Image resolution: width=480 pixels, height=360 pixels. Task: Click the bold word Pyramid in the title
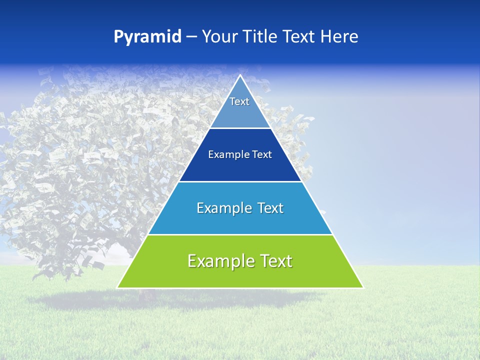tap(147, 37)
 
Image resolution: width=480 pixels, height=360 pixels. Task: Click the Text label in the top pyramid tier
tap(239, 101)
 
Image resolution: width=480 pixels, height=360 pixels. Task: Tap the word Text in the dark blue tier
tap(262, 155)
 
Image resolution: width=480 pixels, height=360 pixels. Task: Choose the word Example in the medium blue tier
tap(224, 208)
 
